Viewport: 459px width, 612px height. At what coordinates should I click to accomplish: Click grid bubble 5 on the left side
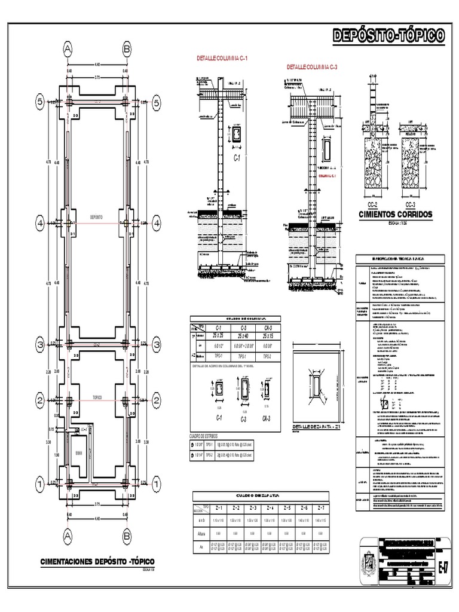(40, 103)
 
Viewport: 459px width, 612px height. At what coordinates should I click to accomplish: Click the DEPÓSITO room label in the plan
(96, 217)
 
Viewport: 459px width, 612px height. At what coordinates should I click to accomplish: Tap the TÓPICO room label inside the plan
(97, 396)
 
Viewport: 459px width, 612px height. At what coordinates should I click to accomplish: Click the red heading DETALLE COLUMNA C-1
(222, 59)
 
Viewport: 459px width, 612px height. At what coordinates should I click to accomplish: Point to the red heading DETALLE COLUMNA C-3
(312, 66)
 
